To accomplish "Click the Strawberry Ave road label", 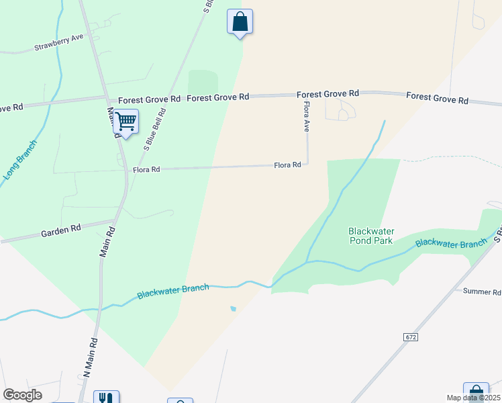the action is coord(58,42).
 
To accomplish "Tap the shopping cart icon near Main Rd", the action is coord(125,122).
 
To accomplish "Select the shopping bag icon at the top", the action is coord(240,22).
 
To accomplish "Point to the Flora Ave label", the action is coord(306,115).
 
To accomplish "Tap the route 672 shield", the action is coord(411,336).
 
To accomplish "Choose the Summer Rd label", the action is coord(482,292).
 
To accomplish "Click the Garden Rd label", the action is coord(60,229).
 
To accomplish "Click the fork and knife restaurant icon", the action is coord(105,398).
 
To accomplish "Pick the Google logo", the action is coord(22,395).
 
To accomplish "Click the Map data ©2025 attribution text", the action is coord(473,398).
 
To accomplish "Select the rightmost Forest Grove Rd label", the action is coord(437,99).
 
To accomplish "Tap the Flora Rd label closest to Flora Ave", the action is coord(287,165).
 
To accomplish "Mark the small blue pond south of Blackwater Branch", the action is coord(232,309).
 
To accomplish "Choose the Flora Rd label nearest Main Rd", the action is coord(146,170).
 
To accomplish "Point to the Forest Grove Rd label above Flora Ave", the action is coord(328,94).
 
